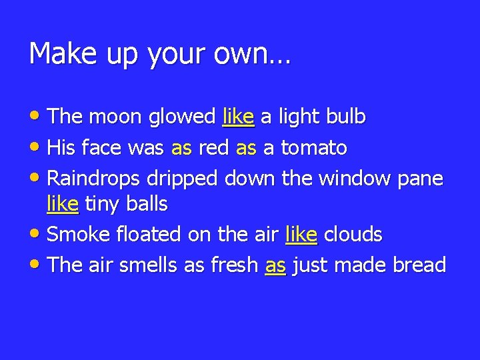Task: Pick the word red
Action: pos(213,147)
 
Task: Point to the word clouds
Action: pos(355,234)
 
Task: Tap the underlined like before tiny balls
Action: pos(63,204)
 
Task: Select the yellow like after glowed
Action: pos(238,117)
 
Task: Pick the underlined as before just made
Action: pos(275,265)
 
